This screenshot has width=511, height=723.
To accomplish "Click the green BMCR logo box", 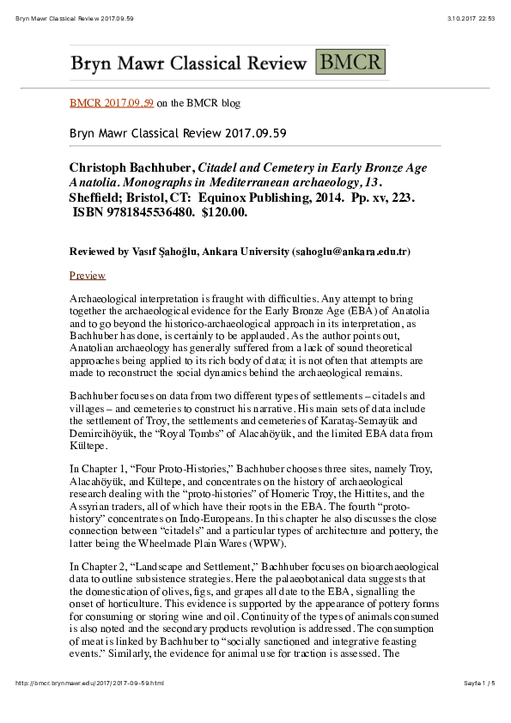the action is click(x=350, y=63).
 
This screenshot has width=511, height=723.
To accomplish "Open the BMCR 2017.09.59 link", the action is click(x=112, y=103).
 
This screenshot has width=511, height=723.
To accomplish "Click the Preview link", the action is click(x=88, y=276).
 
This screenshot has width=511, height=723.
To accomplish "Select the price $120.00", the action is click(x=224, y=212).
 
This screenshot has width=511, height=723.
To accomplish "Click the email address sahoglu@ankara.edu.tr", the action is click(x=351, y=252).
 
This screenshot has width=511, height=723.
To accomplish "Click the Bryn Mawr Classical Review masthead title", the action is click(x=188, y=64).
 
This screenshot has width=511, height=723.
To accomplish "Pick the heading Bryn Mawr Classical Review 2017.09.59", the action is click(x=178, y=133).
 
